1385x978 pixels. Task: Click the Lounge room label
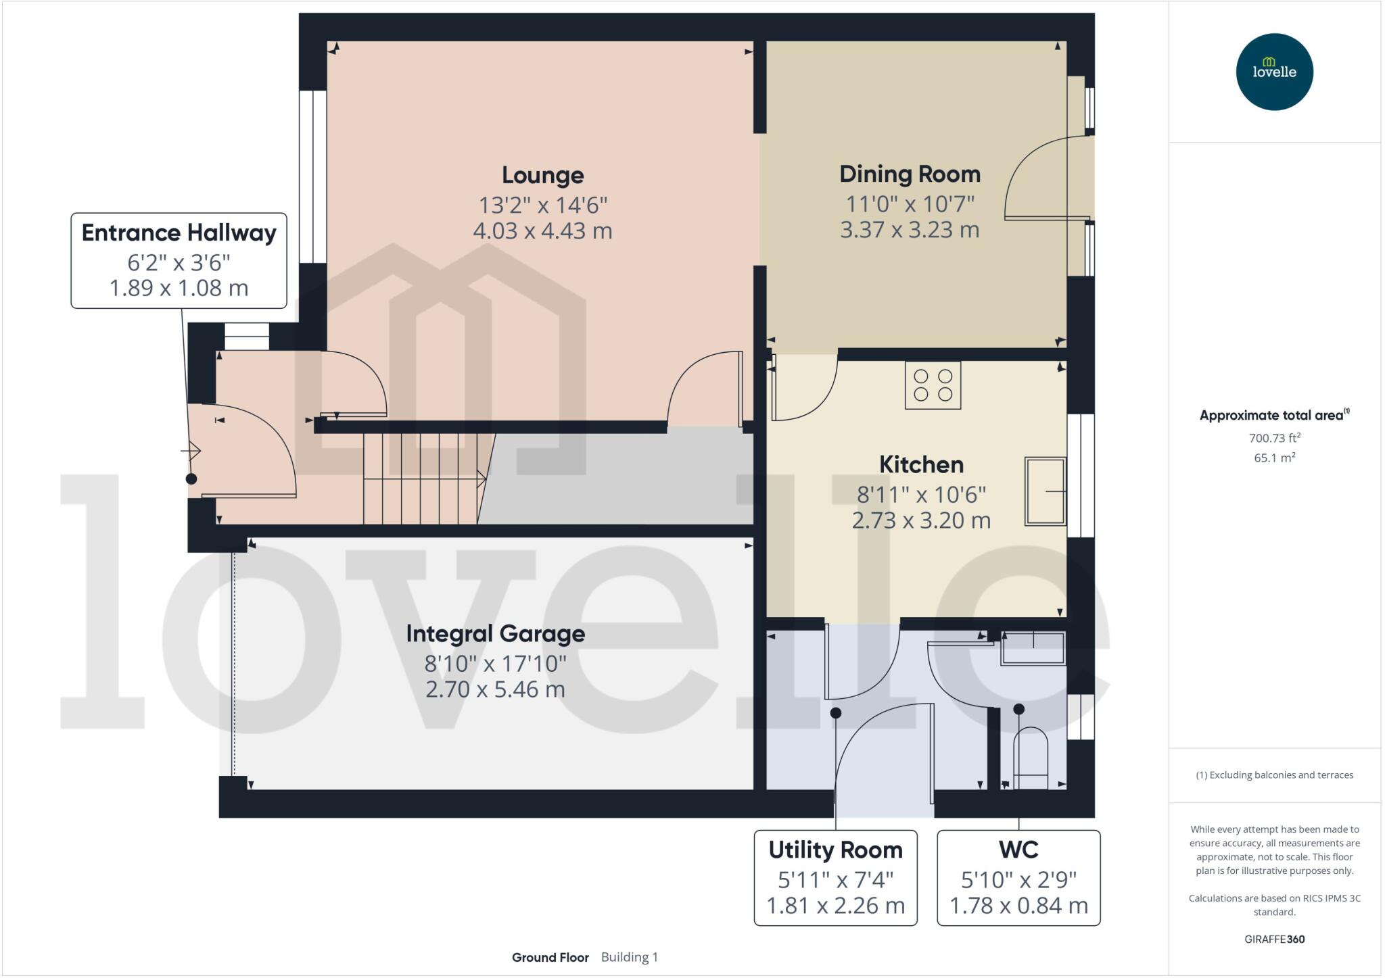(x=542, y=175)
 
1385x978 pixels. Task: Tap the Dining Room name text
(x=910, y=174)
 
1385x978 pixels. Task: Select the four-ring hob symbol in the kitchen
(x=933, y=385)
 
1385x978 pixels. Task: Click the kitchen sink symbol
(x=1045, y=491)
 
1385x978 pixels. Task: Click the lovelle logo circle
(x=1274, y=72)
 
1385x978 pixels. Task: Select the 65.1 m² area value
(x=1274, y=458)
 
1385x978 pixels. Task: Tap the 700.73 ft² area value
(x=1274, y=438)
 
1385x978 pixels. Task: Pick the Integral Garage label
(x=495, y=634)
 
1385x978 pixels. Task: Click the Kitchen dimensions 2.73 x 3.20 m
(x=921, y=520)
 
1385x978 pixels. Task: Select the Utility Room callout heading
(x=835, y=850)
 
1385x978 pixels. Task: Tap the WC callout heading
(x=1018, y=850)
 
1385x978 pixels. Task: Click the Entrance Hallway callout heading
(x=179, y=233)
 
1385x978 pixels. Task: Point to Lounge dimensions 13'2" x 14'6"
(x=542, y=204)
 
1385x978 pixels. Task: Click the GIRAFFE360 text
(x=1274, y=939)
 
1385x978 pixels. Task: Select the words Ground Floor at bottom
(x=550, y=957)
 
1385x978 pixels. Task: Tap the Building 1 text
(x=629, y=957)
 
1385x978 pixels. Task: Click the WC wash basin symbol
(x=1033, y=647)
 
